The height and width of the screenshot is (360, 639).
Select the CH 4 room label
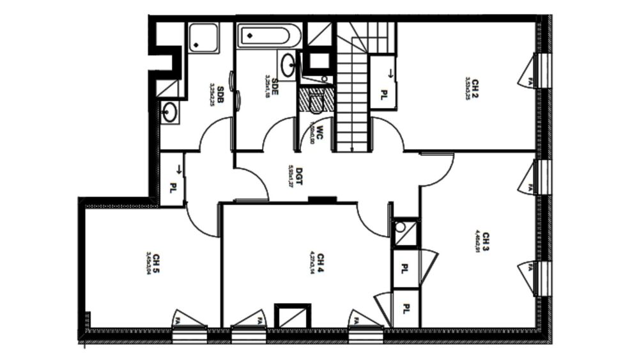(x=320, y=262)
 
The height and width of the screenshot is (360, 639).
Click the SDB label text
(x=220, y=93)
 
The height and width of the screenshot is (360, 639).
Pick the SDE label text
(x=275, y=85)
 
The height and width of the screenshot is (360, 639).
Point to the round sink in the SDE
(x=288, y=65)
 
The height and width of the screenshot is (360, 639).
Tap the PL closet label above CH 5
(x=173, y=189)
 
